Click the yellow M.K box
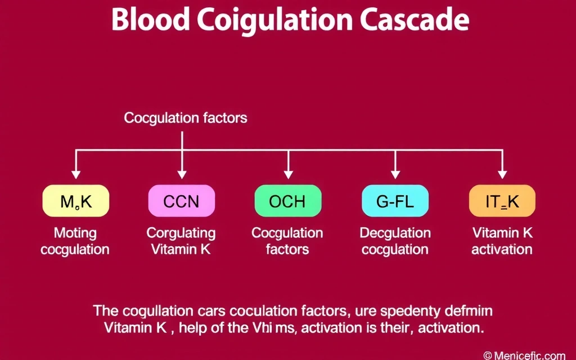pyautogui.click(x=75, y=201)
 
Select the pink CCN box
pyautogui.click(x=181, y=201)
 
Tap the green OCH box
pyautogui.click(x=287, y=201)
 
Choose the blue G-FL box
pyautogui.click(x=394, y=201)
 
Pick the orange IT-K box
pyautogui.click(x=501, y=201)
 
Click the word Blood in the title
pyautogui.click(x=151, y=21)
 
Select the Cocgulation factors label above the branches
pyautogui.click(x=186, y=118)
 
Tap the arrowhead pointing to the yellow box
pyautogui.click(x=75, y=174)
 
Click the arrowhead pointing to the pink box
pyautogui.click(x=181, y=174)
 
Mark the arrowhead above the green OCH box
pyautogui.click(x=288, y=174)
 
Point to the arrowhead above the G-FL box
pyautogui.click(x=395, y=174)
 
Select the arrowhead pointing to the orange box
pyautogui.click(x=502, y=174)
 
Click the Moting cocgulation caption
pyautogui.click(x=75, y=241)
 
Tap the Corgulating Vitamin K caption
pyautogui.click(x=181, y=241)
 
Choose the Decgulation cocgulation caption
pyautogui.click(x=395, y=241)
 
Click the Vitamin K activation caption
pyautogui.click(x=502, y=241)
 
